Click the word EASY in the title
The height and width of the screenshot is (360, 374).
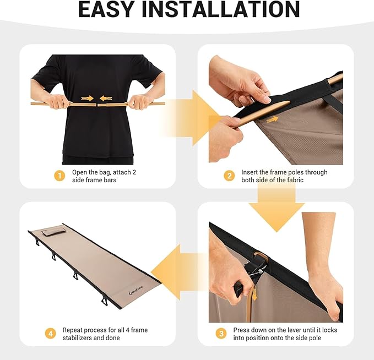(x=106, y=9)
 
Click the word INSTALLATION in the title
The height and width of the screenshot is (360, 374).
(x=220, y=9)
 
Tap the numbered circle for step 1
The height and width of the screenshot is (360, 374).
(x=59, y=176)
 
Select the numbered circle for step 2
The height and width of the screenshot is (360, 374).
(x=229, y=176)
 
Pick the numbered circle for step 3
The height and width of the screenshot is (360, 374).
(x=221, y=334)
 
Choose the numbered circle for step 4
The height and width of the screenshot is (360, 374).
(x=51, y=334)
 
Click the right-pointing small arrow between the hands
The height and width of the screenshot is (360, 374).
(x=87, y=98)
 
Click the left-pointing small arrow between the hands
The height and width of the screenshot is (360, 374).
(x=106, y=98)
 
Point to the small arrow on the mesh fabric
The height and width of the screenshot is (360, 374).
(x=273, y=119)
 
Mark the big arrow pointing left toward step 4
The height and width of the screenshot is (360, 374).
(x=176, y=272)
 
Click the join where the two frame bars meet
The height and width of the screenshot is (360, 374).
(x=97, y=105)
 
